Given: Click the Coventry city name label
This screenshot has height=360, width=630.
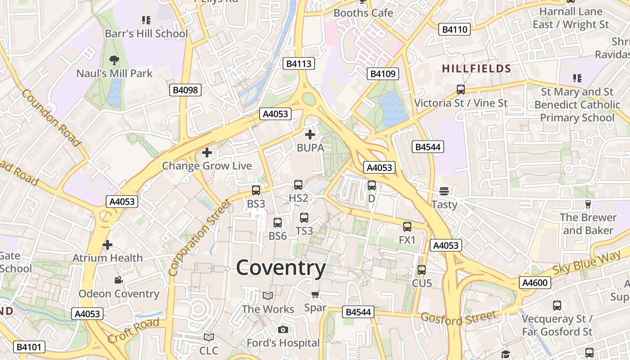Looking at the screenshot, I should [281, 268].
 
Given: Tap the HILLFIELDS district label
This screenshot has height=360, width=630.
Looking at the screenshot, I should [477, 69].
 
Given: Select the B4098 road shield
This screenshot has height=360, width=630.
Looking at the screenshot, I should [185, 90].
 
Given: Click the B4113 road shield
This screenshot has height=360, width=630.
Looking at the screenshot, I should [299, 63].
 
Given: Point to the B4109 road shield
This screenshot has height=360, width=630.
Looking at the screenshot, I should [383, 74].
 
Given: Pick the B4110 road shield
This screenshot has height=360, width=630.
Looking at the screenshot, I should [455, 30].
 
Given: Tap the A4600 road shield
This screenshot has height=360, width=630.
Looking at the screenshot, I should [535, 283].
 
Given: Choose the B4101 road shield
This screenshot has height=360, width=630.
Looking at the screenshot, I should [29, 347].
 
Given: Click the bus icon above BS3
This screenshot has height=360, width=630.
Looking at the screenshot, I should [256, 190].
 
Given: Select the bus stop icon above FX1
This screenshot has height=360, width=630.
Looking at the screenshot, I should [407, 227].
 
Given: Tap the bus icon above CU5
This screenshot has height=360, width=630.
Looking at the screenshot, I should [422, 270].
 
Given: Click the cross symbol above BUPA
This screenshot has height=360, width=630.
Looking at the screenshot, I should [310, 134].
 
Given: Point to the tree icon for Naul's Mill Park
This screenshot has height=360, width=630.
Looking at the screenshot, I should [114, 60].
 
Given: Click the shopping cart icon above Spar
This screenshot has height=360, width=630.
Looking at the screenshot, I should [315, 295].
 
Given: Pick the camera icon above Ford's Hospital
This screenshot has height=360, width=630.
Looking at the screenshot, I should [283, 330].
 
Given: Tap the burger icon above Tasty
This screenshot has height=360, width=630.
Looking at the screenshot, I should [444, 191].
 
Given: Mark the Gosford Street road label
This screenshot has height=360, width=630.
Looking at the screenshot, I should [459, 318].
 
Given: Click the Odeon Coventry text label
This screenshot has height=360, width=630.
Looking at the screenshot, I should [119, 294].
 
